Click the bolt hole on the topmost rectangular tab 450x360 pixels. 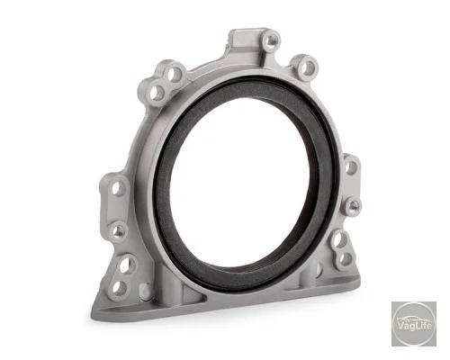(272, 40)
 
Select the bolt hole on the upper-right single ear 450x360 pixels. (307, 67)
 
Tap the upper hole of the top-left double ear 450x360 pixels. (173, 73)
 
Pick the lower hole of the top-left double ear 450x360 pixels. (157, 92)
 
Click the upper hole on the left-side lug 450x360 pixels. (120, 188)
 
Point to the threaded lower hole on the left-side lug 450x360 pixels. (119, 231)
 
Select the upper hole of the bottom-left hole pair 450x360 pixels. (126, 265)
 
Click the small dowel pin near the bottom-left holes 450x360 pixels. (144, 290)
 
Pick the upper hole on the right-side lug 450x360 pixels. (350, 167)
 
